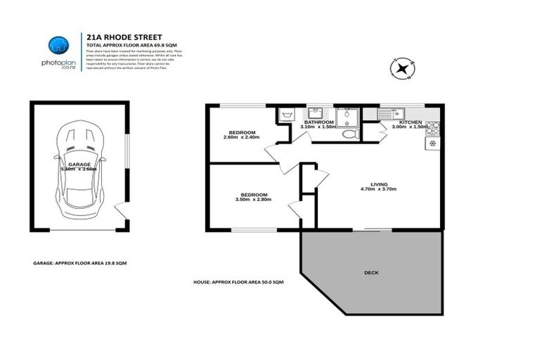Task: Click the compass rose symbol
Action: coord(401,69)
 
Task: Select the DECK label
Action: coord(371,272)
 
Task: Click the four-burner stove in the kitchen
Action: coord(432,128)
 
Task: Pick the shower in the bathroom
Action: coord(346,115)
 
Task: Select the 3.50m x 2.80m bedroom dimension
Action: coord(253,200)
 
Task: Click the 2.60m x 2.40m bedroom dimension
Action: coord(242,137)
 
